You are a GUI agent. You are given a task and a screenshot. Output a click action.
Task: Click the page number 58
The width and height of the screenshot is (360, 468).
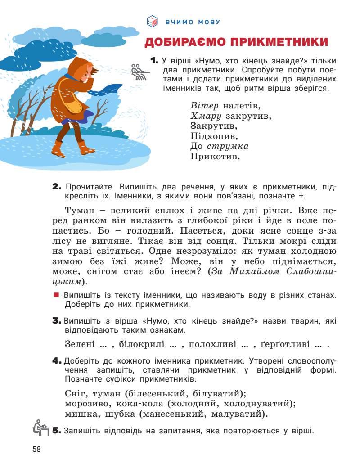point(36,449)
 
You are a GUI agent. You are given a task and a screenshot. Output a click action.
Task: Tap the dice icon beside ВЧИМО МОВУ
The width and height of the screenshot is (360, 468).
point(153,21)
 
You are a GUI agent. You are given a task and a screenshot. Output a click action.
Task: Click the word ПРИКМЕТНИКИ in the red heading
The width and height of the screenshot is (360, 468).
point(279,42)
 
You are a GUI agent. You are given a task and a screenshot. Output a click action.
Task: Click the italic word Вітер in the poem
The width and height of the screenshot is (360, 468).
point(204,106)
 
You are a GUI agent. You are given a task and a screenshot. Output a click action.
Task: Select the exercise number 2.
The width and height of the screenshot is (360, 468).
point(57,187)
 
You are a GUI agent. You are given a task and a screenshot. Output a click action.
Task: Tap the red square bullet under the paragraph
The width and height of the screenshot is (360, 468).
point(56,295)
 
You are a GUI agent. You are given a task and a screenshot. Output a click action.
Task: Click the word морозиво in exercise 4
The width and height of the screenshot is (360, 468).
point(87,403)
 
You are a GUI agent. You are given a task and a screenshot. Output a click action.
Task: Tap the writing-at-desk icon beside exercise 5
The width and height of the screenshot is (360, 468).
point(40,427)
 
